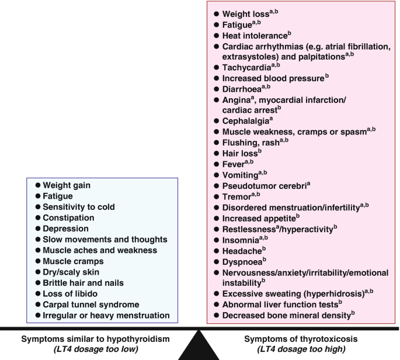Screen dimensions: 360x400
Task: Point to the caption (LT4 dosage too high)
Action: pyautogui.click(x=302, y=350)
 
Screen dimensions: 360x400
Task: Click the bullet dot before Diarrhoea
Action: pyautogui.click(x=216, y=89)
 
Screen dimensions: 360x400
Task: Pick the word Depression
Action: pyautogui.click(x=66, y=229)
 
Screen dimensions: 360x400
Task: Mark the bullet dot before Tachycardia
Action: pyautogui.click(x=216, y=67)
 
